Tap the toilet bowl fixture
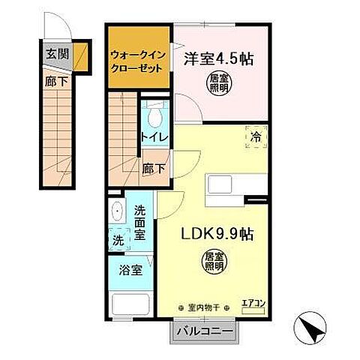pyautogui.click(x=156, y=115)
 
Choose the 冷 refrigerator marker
pyautogui.click(x=256, y=137)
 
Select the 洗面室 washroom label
pyautogui.click(x=141, y=223)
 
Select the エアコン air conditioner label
pyautogui.click(x=252, y=304)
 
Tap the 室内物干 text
pyautogui.click(x=202, y=307)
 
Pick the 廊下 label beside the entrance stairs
pyautogui.click(x=55, y=80)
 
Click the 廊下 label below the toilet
pyautogui.click(x=154, y=169)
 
